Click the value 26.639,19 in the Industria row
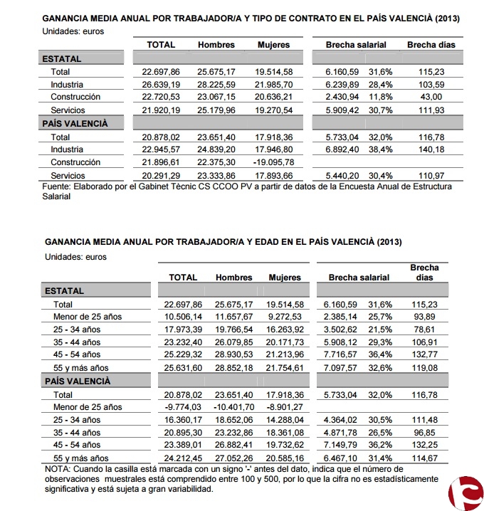(160, 85)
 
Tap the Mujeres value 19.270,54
(274, 110)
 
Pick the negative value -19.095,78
(273, 162)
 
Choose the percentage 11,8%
(381, 98)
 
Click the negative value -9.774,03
(181, 407)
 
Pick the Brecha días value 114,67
(426, 458)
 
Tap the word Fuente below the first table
(57, 186)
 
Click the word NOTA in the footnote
(57, 469)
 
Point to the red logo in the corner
(465, 493)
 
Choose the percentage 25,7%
(379, 316)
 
